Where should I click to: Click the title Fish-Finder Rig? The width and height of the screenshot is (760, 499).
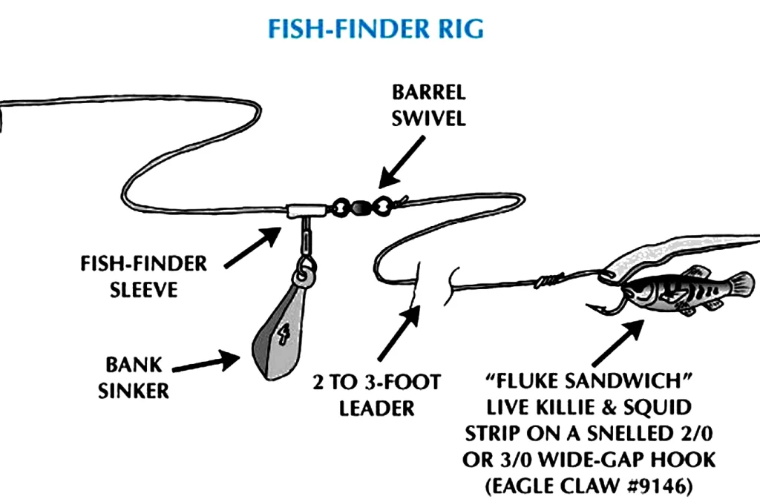click(x=376, y=28)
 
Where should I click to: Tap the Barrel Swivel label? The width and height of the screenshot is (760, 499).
click(x=429, y=105)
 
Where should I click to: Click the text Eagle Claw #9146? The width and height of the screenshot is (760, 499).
click(x=591, y=486)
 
